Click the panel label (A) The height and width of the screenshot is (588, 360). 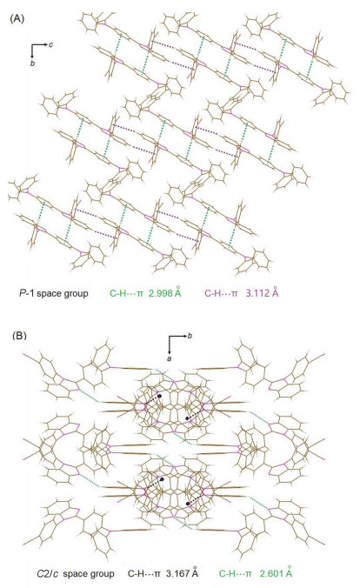pos(17,19)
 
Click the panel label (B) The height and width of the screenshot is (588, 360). pos(19,335)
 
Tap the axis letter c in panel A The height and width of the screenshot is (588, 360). pos(51,44)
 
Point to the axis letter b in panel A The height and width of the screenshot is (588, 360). pos(33,63)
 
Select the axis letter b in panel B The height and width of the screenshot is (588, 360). pos(190,336)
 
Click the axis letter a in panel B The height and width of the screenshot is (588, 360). pos(169,358)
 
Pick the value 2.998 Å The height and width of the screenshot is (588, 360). pos(164,292)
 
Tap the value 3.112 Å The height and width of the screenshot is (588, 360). pos(262,292)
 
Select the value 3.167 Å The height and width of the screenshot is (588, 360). pos(182,573)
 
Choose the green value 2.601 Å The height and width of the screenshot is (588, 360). pos(276,573)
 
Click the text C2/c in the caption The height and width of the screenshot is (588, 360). pos(48,574)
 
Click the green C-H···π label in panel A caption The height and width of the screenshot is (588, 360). pos(126,293)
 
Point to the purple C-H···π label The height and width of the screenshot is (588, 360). pos(221,293)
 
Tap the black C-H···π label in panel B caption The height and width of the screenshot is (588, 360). pos(144,574)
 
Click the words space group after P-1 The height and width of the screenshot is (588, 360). pos(63,293)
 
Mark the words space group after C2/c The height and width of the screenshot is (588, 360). pos(89,574)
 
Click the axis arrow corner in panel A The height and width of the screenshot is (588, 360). pos(33,45)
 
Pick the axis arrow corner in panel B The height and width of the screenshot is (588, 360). pos(169,336)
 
